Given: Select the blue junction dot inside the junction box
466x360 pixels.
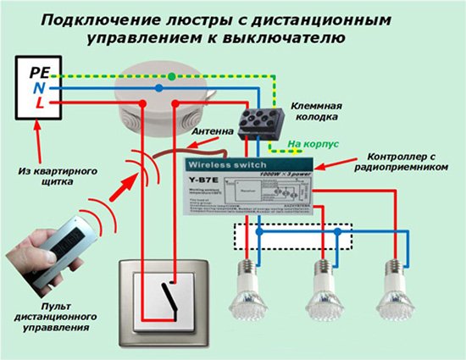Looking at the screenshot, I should pos(158,87).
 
